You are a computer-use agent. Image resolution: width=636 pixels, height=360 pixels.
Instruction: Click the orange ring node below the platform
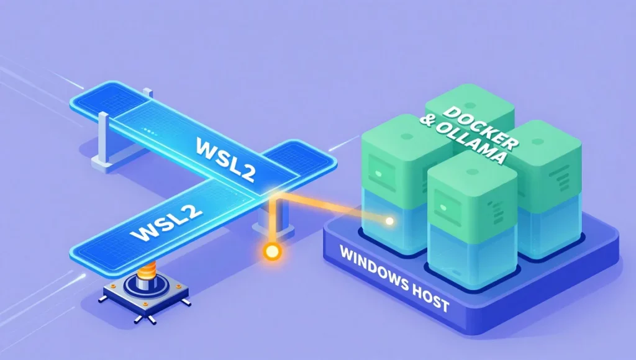(x=271, y=252)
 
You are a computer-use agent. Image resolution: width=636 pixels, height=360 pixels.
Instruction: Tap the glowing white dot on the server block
(x=389, y=220)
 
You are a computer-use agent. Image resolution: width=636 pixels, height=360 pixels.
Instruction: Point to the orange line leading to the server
(x=329, y=208)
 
